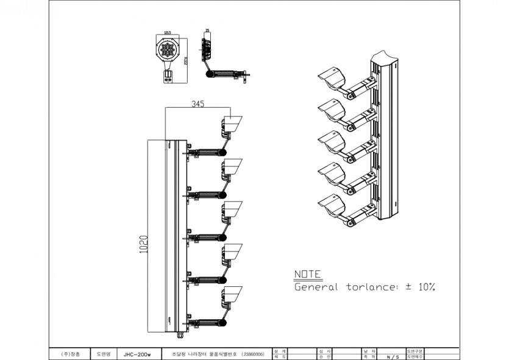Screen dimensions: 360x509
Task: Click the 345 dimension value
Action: pos(198,104)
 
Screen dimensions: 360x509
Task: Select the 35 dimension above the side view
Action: pos(207,30)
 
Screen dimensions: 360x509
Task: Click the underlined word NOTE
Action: pos(307,275)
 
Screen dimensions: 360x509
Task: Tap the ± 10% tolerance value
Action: pos(420,286)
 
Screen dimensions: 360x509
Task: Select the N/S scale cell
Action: pos(393,356)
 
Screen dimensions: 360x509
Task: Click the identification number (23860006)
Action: pos(253,353)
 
